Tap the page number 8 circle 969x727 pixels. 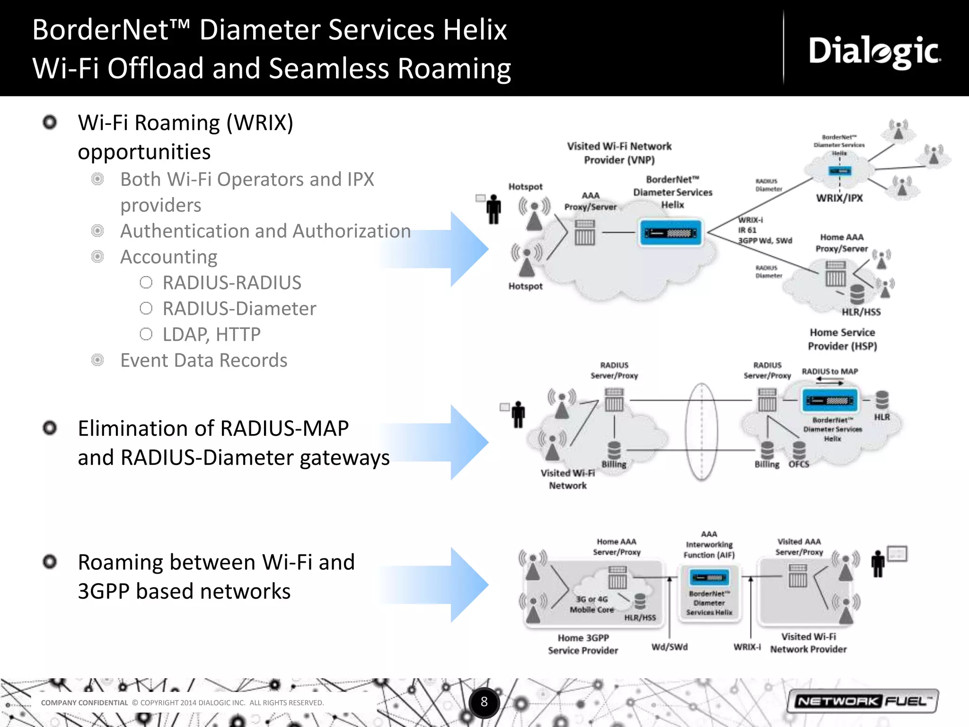pos(484,702)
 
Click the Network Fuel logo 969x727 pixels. pos(862,701)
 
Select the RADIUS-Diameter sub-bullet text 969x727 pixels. pos(239,309)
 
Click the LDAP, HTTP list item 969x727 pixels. pos(211,335)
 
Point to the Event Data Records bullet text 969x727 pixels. pos(203,361)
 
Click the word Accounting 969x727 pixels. pos(168,257)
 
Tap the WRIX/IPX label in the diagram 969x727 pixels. pos(839,198)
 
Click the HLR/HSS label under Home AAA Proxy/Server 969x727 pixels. pos(861,312)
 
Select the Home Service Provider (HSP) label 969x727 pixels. pos(842,339)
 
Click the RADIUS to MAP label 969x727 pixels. pos(829,372)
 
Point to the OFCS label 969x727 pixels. pos(799,464)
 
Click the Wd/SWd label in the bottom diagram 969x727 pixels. pos(669,647)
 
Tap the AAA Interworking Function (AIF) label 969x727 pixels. pos(709,544)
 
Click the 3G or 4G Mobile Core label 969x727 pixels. pos(591,604)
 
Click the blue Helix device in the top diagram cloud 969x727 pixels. pos(670,233)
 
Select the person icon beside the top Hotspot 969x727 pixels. pos(493,209)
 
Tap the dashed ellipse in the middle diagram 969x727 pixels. pos(701,432)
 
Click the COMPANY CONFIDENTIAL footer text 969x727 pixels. pos(84,703)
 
